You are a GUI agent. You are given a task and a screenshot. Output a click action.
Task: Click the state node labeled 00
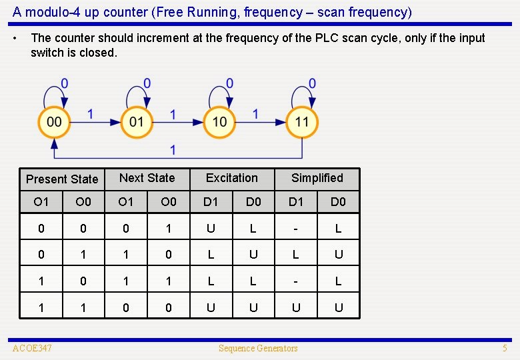click(x=54, y=122)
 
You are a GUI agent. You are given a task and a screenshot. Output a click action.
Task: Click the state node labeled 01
click(x=137, y=122)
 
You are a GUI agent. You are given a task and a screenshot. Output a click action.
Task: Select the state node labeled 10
click(x=219, y=122)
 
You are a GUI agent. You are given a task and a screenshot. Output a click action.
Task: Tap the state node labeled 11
click(x=302, y=122)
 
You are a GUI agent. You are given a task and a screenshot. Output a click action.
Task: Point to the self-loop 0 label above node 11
click(x=312, y=83)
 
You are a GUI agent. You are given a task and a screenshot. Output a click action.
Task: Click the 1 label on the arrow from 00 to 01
click(x=91, y=114)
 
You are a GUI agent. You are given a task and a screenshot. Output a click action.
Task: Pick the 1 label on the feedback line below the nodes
click(x=173, y=149)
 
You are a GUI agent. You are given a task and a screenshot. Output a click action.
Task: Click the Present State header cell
click(x=62, y=179)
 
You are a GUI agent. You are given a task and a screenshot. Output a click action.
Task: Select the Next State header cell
click(x=147, y=178)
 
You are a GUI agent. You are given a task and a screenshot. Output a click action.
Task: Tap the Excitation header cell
click(x=231, y=178)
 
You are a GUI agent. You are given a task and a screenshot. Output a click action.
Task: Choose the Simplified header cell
click(x=317, y=178)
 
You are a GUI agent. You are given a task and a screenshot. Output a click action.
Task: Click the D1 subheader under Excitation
click(x=211, y=201)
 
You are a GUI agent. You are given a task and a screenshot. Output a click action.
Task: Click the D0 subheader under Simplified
click(x=338, y=201)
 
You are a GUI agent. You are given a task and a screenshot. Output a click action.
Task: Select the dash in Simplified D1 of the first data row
click(x=296, y=229)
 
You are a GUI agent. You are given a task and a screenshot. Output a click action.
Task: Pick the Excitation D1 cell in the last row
click(x=211, y=307)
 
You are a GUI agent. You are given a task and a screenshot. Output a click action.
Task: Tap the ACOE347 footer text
click(x=32, y=348)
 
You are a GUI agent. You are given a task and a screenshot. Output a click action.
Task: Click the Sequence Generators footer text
click(x=259, y=348)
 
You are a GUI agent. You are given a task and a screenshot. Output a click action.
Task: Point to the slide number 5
click(x=505, y=348)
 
